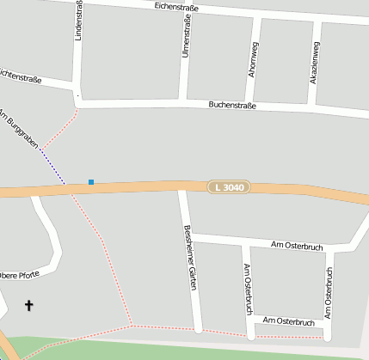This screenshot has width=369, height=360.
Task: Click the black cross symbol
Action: pyautogui.click(x=29, y=305)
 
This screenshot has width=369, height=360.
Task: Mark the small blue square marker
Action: pyautogui.click(x=91, y=182)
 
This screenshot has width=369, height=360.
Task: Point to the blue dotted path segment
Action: pyautogui.click(x=52, y=168)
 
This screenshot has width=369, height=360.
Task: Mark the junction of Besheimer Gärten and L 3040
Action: pyautogui.click(x=181, y=189)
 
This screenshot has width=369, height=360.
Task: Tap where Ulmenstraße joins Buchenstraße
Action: pyautogui.click(x=181, y=103)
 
